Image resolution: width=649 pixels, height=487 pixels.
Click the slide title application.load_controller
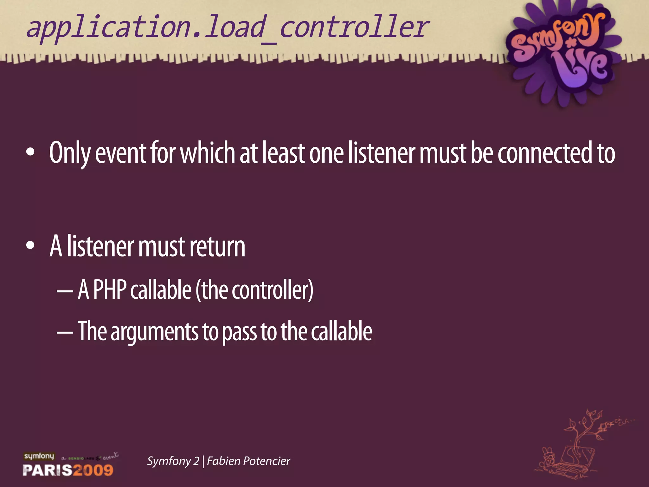pos(228,28)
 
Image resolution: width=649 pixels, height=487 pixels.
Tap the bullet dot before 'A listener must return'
pos(30,246)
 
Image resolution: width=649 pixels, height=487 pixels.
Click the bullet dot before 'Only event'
pos(30,152)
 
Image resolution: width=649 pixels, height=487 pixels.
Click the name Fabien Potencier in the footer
pos(248,461)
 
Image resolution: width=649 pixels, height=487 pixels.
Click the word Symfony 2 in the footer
pos(173,461)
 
